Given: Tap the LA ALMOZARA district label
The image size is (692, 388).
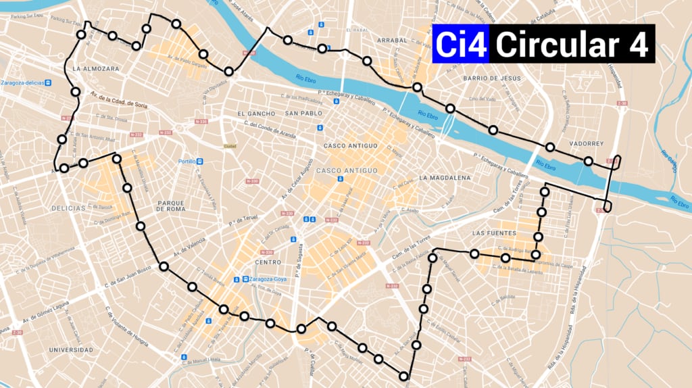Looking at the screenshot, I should click(x=96, y=69).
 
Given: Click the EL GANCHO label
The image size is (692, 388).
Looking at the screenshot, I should click(x=253, y=113).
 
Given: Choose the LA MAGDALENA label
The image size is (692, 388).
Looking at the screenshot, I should click(x=444, y=178).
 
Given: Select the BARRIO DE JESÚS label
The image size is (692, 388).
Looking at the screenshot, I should click(x=492, y=78).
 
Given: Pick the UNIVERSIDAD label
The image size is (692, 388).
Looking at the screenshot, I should click(x=71, y=349).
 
